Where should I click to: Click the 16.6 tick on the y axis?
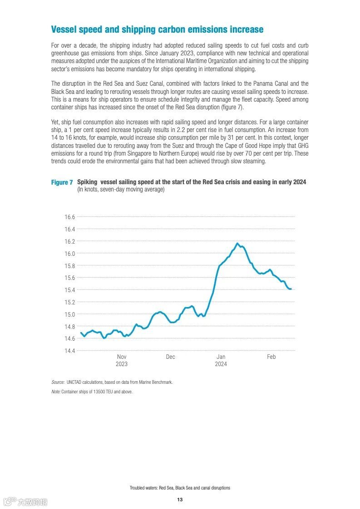point(69,217)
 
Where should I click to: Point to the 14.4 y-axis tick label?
point(69,351)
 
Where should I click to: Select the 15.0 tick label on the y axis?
point(69,314)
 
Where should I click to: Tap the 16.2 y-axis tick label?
point(69,241)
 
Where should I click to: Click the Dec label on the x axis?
point(170,357)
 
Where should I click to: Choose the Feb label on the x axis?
point(271,357)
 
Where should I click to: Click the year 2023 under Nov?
point(122,364)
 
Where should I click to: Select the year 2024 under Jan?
point(221,364)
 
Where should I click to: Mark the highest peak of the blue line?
point(237,243)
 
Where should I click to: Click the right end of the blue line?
point(291,289)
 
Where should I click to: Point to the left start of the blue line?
point(81,333)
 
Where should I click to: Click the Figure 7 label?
point(62,182)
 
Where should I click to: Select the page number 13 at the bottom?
point(180,499)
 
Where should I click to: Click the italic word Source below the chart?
point(58,382)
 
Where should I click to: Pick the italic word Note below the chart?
point(56,392)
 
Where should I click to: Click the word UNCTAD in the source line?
point(74,382)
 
